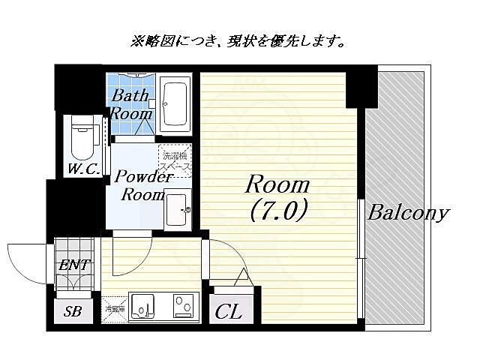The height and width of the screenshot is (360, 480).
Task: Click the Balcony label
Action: (407, 212)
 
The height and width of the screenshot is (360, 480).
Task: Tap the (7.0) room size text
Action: (277, 212)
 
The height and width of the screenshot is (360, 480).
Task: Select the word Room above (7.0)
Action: (277, 184)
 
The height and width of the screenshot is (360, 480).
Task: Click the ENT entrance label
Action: (74, 264)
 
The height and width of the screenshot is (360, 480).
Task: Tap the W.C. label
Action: (82, 169)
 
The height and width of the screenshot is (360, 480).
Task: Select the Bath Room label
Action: (131, 105)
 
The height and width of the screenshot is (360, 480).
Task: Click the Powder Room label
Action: (143, 186)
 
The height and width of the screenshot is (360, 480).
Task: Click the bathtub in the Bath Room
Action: (175, 103)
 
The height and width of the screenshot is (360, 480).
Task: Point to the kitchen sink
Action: (142, 306)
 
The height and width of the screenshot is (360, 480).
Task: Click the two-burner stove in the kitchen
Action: (183, 306)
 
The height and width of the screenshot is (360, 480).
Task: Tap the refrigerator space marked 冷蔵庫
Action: (114, 307)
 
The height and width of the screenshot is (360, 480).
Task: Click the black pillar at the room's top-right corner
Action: (361, 85)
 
